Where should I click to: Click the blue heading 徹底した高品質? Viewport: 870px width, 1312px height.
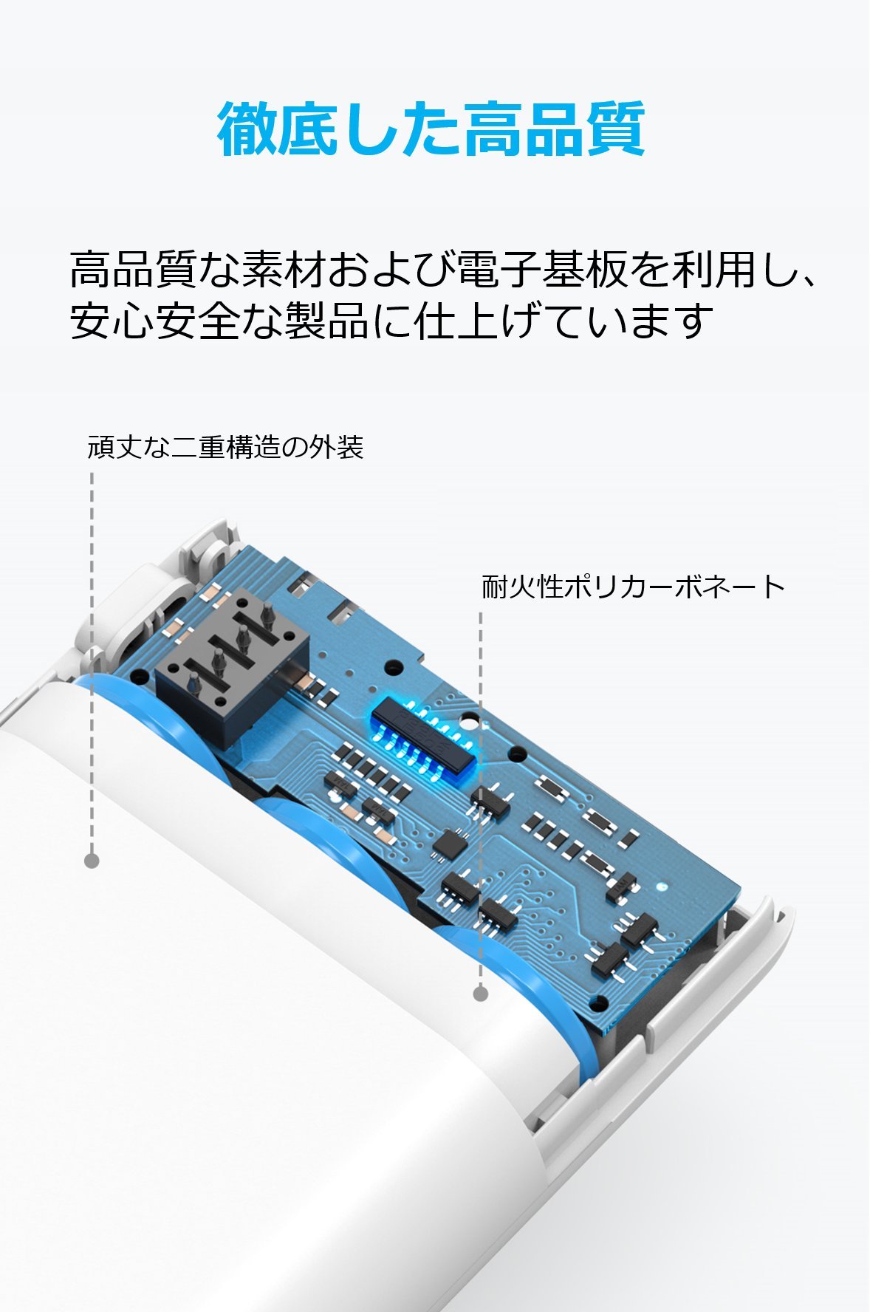tap(431, 129)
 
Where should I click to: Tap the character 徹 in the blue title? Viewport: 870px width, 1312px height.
tap(247, 129)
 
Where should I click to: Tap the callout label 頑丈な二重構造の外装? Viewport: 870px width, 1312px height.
tap(225, 447)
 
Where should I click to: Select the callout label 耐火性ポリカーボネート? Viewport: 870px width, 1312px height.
tap(633, 587)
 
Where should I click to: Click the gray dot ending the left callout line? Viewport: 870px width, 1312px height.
tap(92, 861)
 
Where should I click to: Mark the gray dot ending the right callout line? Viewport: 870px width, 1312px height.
tap(481, 994)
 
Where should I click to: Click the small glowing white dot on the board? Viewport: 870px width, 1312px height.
tap(662, 886)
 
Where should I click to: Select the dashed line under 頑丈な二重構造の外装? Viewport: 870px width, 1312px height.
tap(92, 661)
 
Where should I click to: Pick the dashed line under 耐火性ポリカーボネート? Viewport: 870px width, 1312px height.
tap(481, 798)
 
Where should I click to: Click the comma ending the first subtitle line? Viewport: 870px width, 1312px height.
tap(806, 281)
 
